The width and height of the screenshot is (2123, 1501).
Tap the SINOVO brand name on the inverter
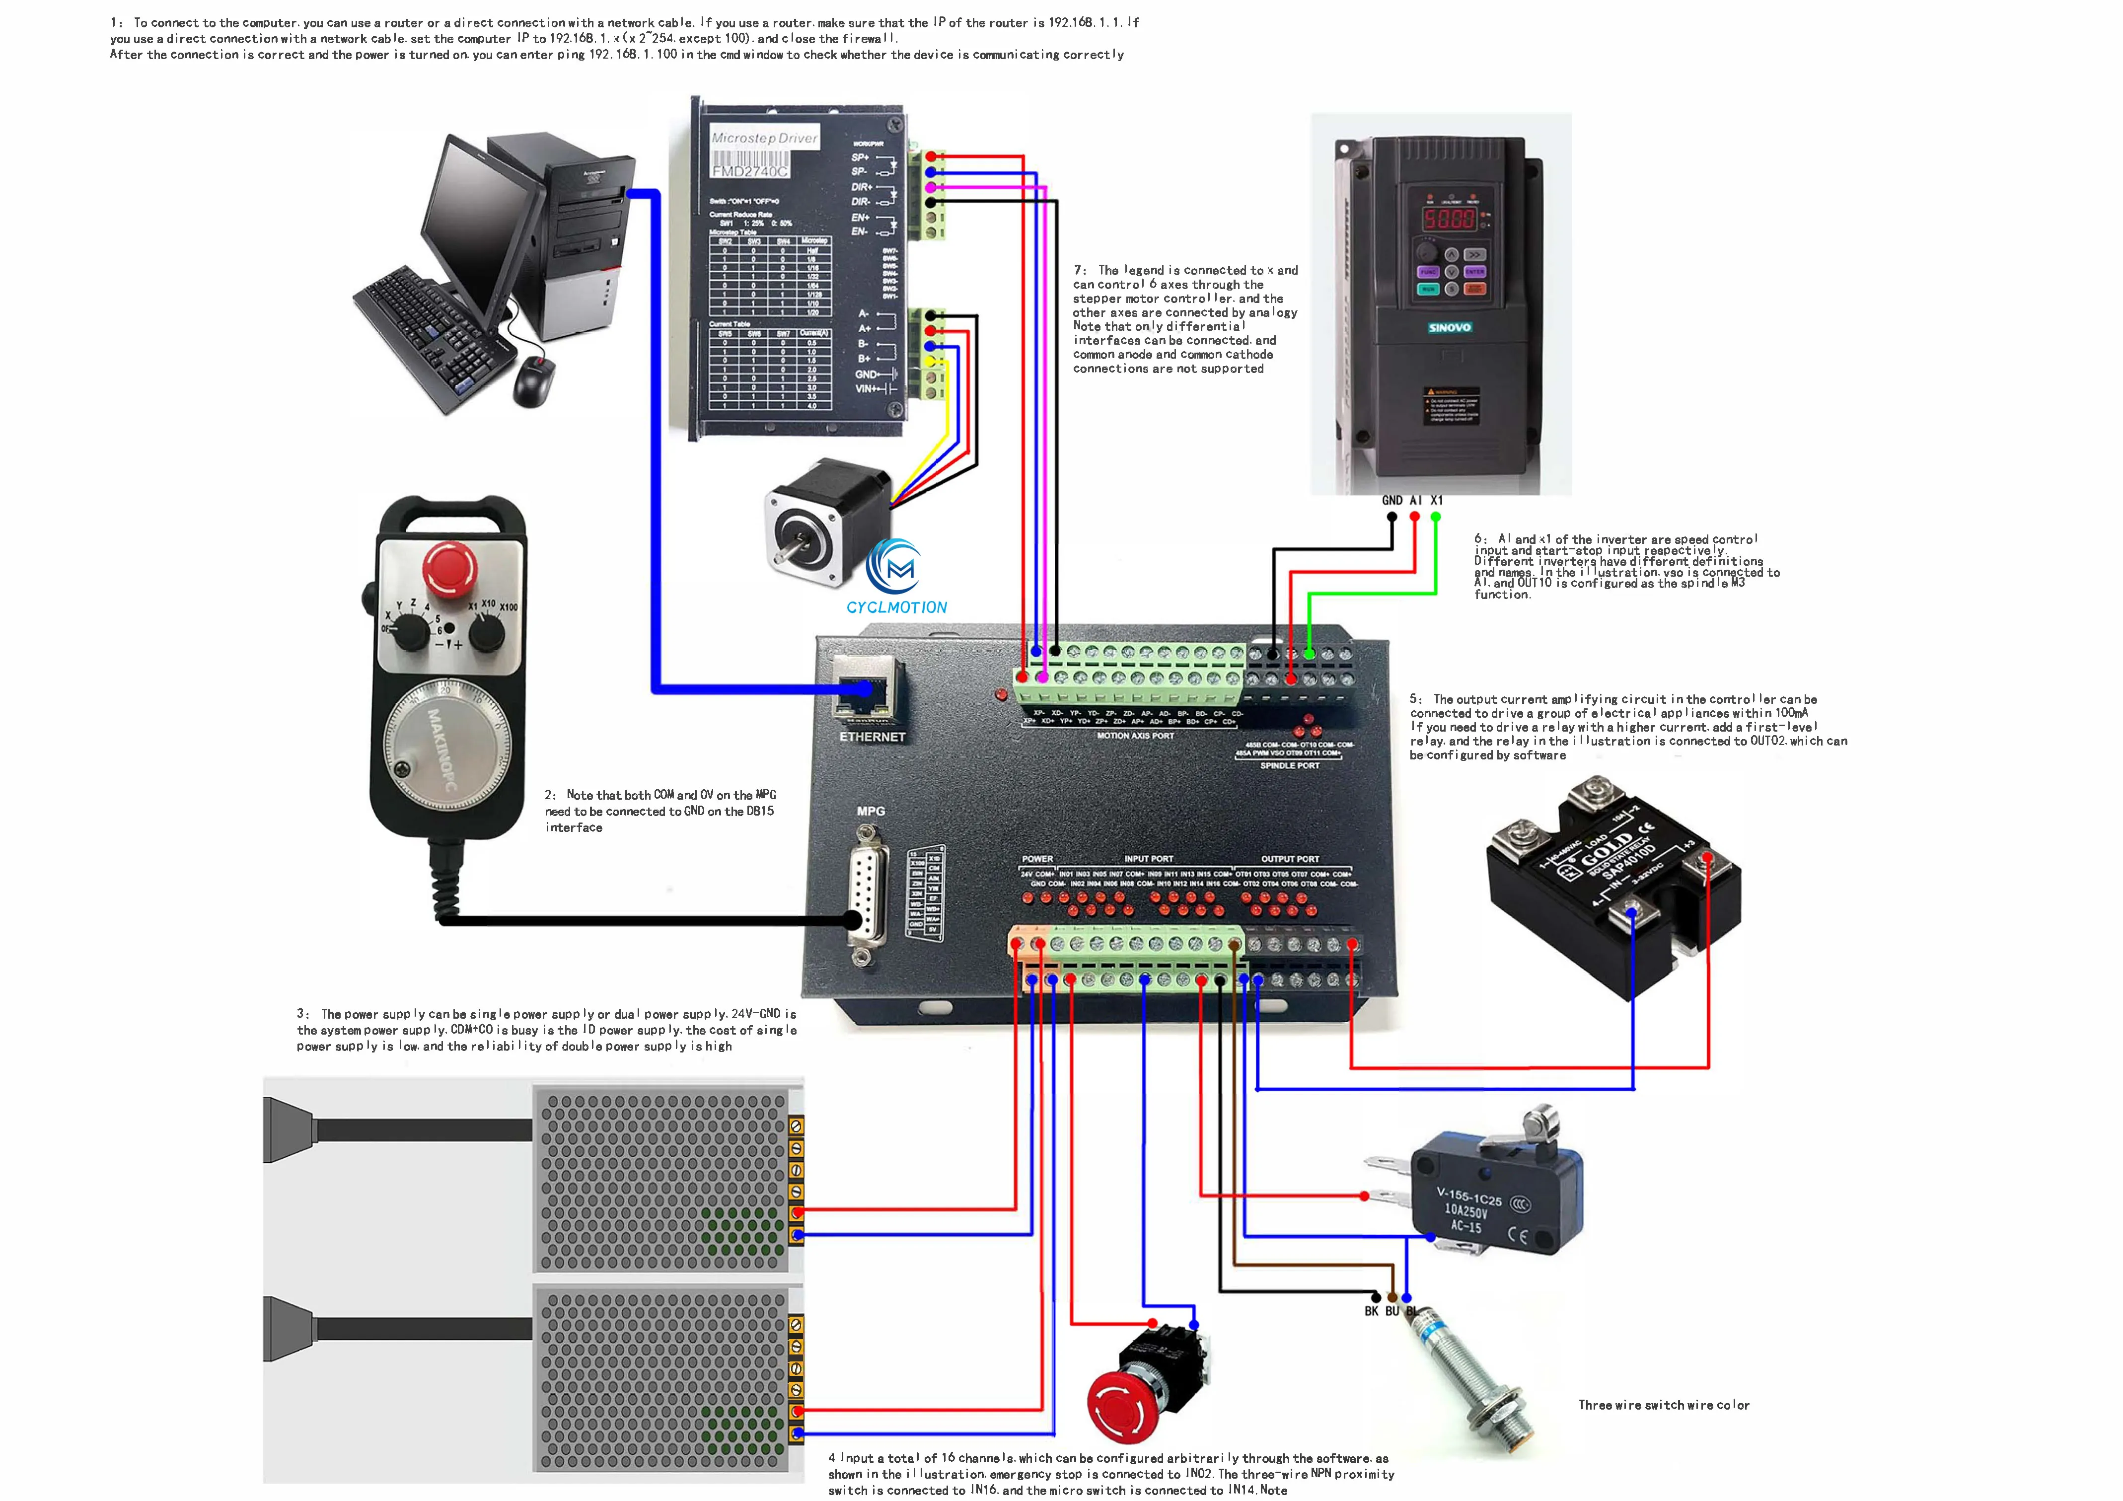[x=1449, y=327]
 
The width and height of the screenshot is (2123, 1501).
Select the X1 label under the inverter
[x=1436, y=500]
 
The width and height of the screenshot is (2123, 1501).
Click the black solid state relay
[x=1613, y=888]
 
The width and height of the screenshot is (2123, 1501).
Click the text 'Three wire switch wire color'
[x=1663, y=1405]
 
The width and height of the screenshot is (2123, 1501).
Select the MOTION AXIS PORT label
[x=1135, y=736]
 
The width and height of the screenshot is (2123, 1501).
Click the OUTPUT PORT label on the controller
[x=1290, y=859]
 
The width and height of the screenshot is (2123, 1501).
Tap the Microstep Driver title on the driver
[x=764, y=138]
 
